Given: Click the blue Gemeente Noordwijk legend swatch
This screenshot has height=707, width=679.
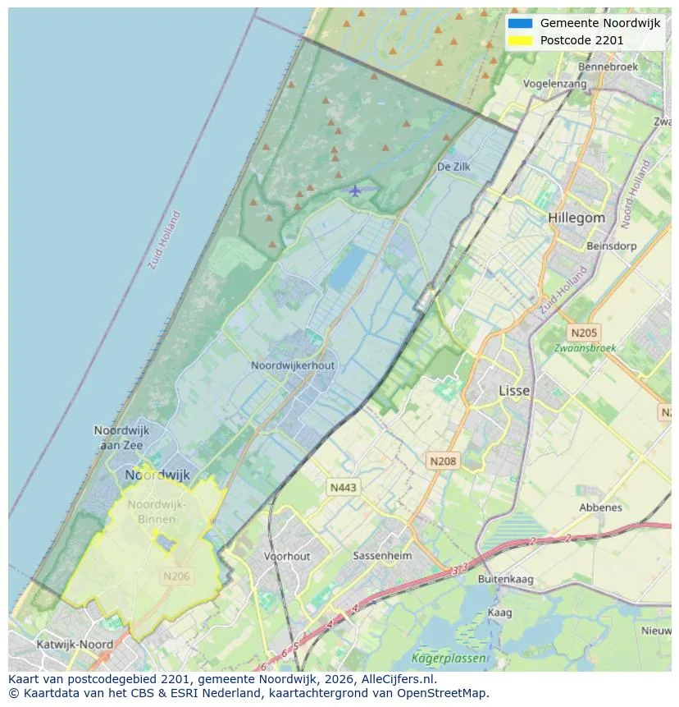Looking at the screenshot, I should pos(520,23).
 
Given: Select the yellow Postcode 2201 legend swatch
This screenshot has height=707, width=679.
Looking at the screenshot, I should pos(520,40).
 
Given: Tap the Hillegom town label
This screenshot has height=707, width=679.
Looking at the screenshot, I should pos(576,218).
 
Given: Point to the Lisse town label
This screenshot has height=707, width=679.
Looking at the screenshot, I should pos(514,391).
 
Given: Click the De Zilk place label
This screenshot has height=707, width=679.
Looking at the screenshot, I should pos(453,167).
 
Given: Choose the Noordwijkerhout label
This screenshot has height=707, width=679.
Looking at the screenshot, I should pos(293,365).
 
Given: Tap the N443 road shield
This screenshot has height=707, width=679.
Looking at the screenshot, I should pos(343,488).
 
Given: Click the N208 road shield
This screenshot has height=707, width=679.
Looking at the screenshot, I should pos(443,461).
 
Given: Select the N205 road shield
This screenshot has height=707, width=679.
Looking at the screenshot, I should pos(584,333).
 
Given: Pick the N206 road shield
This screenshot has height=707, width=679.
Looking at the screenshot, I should pos(176,576).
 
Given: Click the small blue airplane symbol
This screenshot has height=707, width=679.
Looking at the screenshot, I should pos(354,191).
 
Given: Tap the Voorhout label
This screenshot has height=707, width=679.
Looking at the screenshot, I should pos(287,556).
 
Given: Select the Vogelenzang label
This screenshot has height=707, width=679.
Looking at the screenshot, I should pos(555,84).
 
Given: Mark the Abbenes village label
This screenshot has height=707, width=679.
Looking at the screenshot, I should pos(600,507).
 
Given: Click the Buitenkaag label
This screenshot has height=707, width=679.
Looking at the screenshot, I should pos(505,579).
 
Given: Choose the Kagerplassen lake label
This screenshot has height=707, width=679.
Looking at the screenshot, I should pos(449,659).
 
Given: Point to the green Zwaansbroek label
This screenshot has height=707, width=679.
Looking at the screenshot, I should pos(585,348).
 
